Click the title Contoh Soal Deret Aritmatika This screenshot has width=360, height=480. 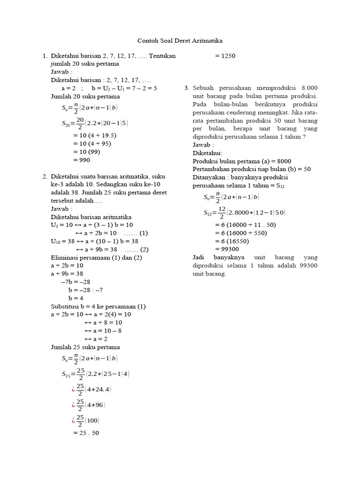[180, 41]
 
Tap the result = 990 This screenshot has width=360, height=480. [82, 160]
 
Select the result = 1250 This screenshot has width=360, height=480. [225, 56]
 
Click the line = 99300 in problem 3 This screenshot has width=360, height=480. [227, 249]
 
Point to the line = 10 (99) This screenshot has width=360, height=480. [87, 152]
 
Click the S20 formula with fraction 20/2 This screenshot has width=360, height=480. [95, 124]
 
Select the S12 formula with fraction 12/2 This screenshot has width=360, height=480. [244, 213]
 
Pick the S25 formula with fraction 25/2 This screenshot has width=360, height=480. [96, 374]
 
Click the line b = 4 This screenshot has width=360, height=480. [75, 298]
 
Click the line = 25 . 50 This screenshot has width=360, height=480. [86, 433]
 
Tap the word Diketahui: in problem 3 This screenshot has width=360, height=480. [208, 153]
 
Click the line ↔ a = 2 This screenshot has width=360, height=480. [96, 339]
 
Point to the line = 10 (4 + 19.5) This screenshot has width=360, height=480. [95, 135]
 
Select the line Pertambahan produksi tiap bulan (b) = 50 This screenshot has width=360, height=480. [252, 169]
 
